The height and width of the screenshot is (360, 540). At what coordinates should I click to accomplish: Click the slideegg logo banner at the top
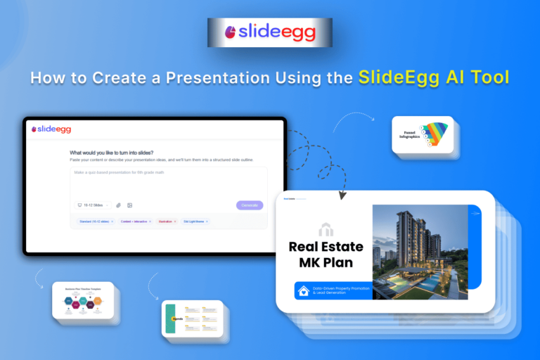tap(269, 32)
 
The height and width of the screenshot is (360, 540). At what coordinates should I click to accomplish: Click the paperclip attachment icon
tap(119, 205)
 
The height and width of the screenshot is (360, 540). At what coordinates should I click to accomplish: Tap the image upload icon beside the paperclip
tap(129, 205)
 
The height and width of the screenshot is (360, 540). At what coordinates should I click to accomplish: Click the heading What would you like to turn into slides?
tap(112, 153)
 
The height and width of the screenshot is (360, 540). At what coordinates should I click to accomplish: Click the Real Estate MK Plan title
tap(326, 255)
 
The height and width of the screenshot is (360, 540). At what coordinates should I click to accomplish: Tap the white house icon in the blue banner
tap(304, 290)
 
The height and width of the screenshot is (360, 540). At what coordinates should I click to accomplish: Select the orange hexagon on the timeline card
tap(98, 301)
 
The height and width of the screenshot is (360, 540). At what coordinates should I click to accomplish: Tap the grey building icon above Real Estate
tap(326, 229)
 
